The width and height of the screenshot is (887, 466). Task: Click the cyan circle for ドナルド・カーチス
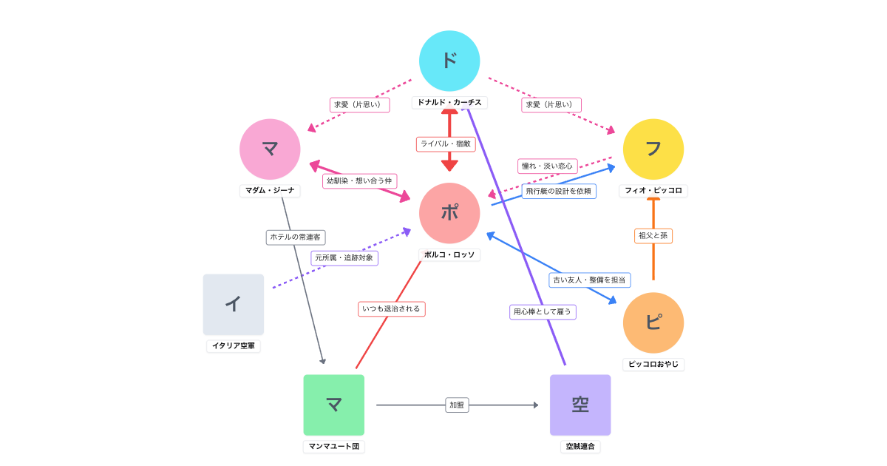(449, 61)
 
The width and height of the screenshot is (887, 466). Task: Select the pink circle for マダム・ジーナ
(270, 149)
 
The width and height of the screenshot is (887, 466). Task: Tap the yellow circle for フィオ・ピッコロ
(653, 149)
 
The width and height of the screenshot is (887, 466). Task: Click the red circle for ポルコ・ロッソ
(449, 213)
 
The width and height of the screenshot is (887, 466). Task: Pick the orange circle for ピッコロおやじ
(653, 323)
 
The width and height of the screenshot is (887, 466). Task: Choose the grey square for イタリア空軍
(234, 304)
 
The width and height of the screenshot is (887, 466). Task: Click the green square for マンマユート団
(334, 405)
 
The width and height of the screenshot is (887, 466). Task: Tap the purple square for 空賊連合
(580, 405)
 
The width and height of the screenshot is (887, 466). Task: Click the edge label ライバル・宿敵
(446, 144)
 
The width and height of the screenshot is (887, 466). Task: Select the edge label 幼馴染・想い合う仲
(360, 180)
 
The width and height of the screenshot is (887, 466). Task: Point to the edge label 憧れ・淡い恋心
(548, 166)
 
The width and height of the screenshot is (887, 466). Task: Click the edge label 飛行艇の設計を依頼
(559, 191)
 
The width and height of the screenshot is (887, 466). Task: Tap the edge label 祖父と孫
(653, 236)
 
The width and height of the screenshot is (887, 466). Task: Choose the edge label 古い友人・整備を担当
(590, 280)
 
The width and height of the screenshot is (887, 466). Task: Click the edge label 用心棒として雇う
(543, 311)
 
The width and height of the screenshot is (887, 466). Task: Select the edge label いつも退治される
(392, 308)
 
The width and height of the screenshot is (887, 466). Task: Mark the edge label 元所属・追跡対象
(344, 258)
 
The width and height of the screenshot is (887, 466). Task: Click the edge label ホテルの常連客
(296, 237)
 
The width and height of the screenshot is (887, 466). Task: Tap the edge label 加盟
(457, 405)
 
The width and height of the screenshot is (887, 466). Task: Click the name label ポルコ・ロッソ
(449, 254)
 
